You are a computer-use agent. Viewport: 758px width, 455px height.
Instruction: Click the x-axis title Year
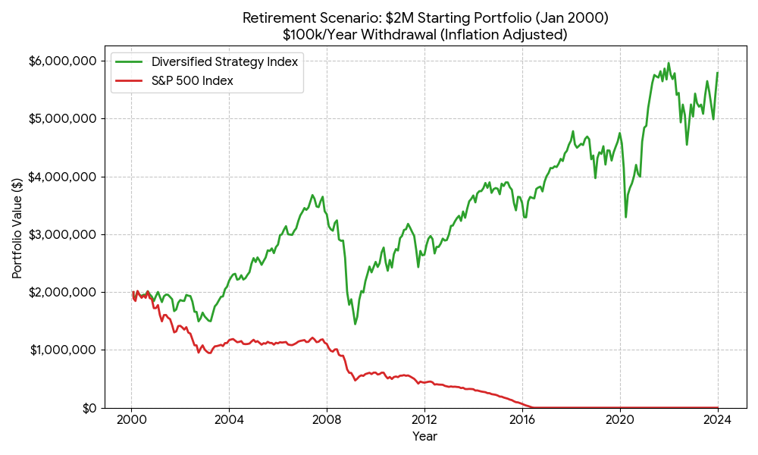424,436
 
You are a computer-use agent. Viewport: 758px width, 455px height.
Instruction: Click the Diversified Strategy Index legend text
224,62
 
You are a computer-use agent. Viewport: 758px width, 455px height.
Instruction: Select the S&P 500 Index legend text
192,81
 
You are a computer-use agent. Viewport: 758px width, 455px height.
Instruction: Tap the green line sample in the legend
130,62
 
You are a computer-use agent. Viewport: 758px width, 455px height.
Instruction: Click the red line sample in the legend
130,81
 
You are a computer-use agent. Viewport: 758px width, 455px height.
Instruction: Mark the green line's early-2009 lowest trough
355,325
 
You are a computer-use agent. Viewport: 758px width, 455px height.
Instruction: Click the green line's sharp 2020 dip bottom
625,218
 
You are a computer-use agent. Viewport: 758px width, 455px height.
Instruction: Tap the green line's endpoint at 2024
717,73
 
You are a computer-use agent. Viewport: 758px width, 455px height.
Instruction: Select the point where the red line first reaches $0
531,407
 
